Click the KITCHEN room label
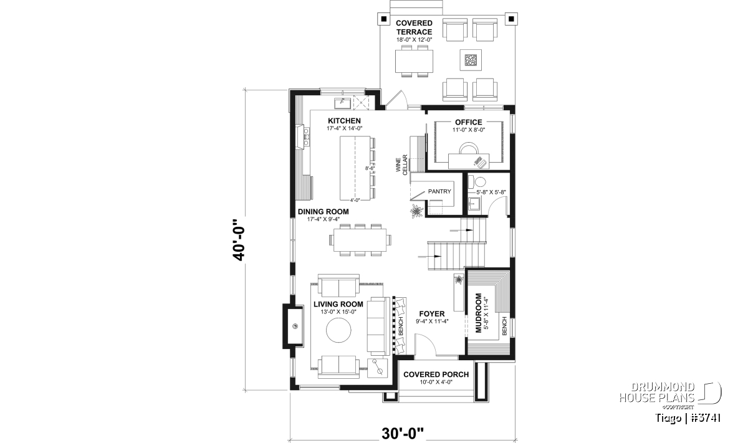[344, 121]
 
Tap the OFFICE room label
[469, 122]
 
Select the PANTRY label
[439, 191]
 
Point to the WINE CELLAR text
[401, 165]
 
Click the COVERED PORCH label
[436, 374]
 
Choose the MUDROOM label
[479, 313]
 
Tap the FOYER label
[432, 314]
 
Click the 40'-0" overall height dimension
[239, 240]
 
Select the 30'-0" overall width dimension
[403, 434]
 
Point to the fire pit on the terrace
[471, 60]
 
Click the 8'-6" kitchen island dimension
[370, 168]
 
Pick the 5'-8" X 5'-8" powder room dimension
[491, 192]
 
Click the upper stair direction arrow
[461, 231]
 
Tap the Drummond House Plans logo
[670, 396]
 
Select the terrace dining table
[414, 61]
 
